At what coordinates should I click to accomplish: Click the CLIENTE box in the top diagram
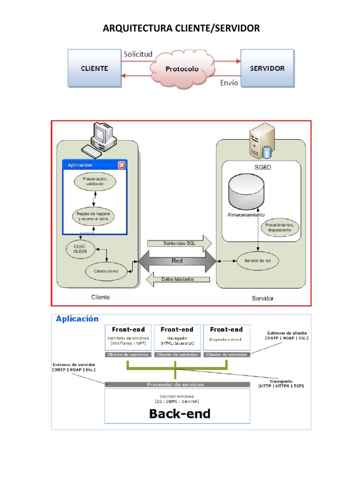click(94, 68)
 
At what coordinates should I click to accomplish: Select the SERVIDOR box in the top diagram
click(267, 68)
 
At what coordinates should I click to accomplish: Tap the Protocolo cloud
click(181, 69)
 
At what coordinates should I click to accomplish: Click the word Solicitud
click(138, 54)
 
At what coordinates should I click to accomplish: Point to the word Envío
click(229, 83)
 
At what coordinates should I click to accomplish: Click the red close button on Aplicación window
click(122, 165)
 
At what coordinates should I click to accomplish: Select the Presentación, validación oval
click(95, 182)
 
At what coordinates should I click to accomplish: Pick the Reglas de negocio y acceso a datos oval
click(95, 216)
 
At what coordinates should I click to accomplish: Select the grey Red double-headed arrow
click(177, 261)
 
